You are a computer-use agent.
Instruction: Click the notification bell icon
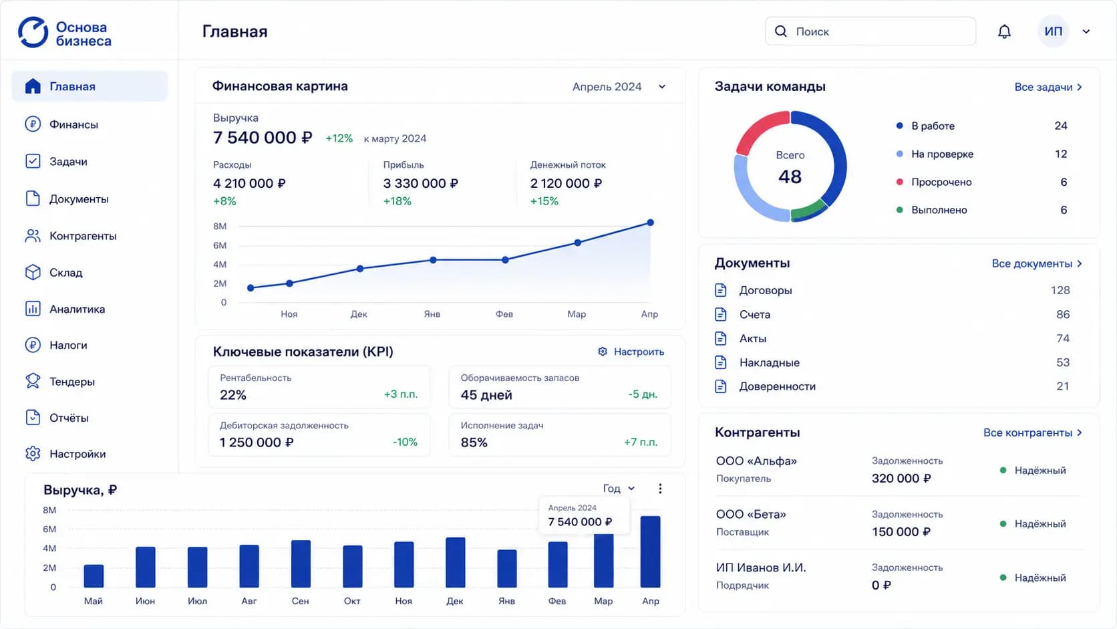point(1004,31)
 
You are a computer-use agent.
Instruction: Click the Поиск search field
point(870,31)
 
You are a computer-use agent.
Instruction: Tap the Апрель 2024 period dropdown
point(619,87)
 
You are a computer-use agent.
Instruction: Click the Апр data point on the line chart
point(650,223)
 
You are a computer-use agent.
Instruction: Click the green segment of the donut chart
point(808,210)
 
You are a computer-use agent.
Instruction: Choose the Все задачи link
point(1048,87)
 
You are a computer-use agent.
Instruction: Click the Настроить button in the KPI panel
point(631,352)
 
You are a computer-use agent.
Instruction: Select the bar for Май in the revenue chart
point(94,576)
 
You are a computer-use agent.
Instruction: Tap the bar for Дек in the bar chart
point(455,562)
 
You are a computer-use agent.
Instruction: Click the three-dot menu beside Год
point(660,489)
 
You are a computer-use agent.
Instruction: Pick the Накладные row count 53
point(1063,363)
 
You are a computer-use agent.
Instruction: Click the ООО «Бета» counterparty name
point(751,514)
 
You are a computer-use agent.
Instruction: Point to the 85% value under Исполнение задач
point(474,443)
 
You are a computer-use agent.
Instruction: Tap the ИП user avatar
point(1053,31)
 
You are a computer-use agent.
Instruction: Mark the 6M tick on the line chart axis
point(219,245)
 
